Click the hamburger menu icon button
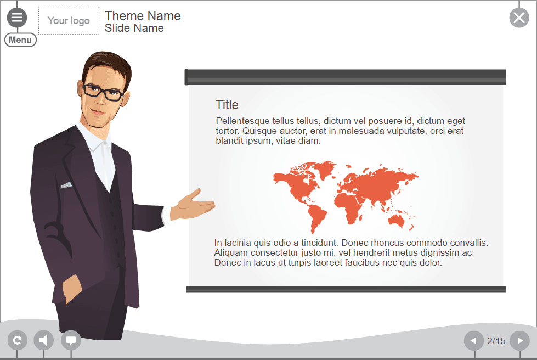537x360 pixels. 17,18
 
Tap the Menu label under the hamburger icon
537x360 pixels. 20,40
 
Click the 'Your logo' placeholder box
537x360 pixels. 69,21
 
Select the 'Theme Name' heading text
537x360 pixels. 143,16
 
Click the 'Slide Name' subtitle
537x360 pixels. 134,28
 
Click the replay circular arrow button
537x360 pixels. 17,340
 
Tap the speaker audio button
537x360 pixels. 44,340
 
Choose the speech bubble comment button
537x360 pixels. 71,340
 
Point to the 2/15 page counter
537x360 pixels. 496,341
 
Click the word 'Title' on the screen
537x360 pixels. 227,105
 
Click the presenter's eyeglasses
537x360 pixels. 103,92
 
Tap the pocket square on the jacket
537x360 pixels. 66,185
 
